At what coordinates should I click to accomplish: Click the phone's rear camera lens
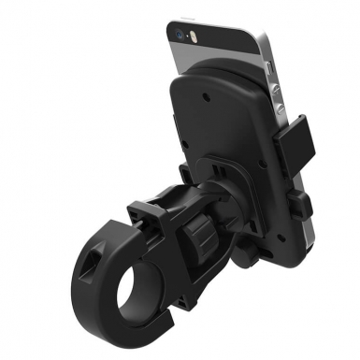click(x=180, y=31)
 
